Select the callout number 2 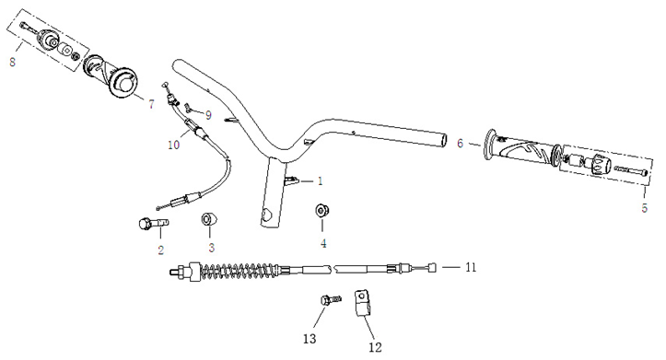point(160,249)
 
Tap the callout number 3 point(211,248)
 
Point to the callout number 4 point(323,243)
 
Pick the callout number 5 point(645,208)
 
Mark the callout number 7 point(151,105)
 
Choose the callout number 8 point(12,63)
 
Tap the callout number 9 point(208,115)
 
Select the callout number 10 point(174,145)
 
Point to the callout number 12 point(375,346)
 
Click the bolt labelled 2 point(150,223)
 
